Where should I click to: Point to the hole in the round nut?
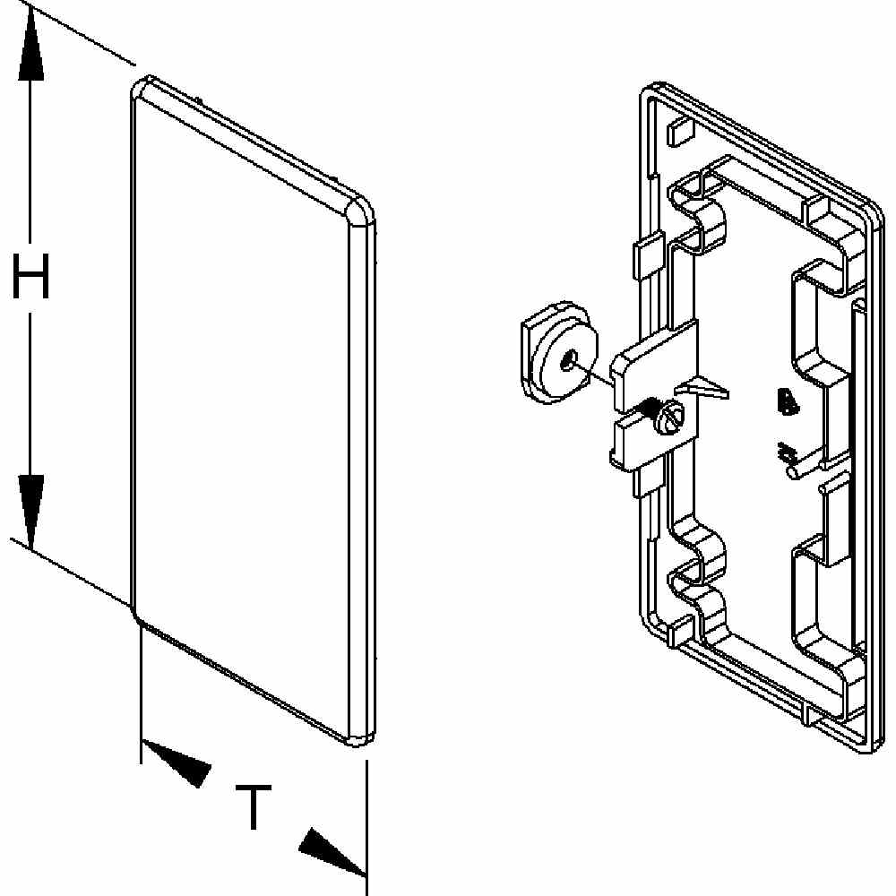coord(568,363)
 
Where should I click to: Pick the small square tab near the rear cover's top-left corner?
coord(678,132)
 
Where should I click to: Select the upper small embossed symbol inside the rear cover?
coord(786,404)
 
